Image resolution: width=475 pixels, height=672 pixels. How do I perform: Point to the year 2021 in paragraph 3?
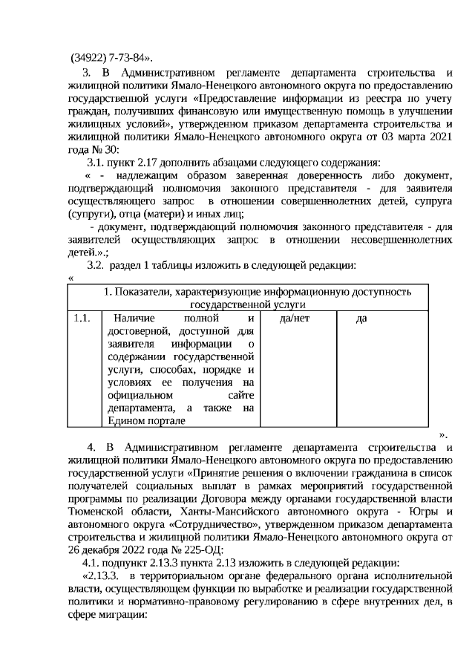[x=438, y=136]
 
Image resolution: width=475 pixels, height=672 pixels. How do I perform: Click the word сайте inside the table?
[x=242, y=395]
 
